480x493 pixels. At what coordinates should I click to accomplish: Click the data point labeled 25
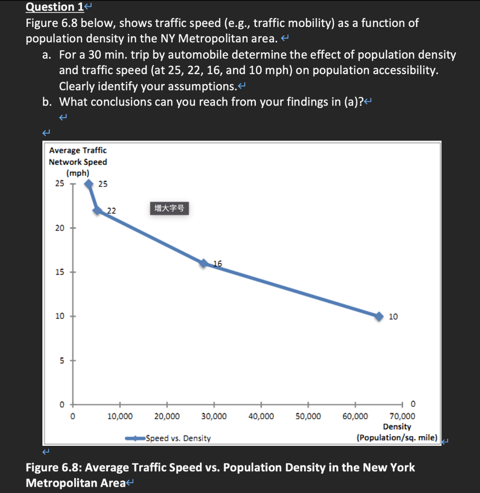89,183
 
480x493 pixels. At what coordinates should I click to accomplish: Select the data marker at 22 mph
97,210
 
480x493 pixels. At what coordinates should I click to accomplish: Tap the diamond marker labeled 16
204,263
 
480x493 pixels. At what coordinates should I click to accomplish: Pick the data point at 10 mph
379,316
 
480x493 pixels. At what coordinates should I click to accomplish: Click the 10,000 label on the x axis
120,416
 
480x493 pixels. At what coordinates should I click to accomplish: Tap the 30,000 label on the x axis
214,416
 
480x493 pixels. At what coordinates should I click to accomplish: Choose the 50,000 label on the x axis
308,416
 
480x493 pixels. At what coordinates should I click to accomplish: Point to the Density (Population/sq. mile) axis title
397,432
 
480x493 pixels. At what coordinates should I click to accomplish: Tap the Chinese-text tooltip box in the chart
169,208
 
